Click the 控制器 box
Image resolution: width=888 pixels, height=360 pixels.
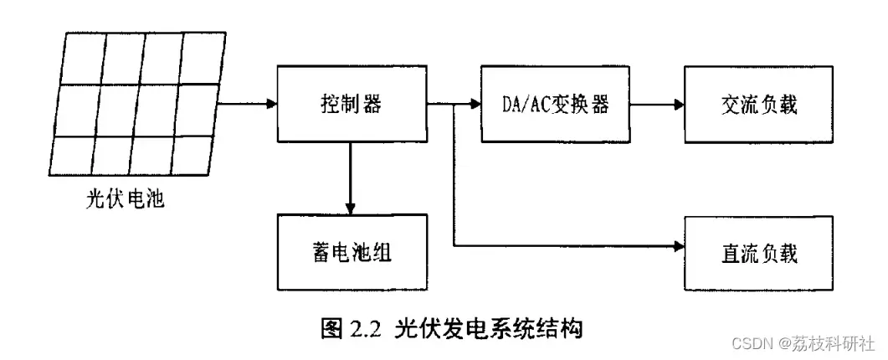[352, 104]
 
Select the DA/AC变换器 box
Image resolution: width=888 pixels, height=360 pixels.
[555, 104]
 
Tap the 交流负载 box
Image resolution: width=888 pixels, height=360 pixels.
[759, 104]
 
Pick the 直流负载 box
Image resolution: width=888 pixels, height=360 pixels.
[759, 254]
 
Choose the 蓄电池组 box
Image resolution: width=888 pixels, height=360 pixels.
[352, 252]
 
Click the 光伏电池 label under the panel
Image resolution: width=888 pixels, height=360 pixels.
[126, 198]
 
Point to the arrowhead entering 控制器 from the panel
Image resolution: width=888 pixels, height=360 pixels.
[272, 104]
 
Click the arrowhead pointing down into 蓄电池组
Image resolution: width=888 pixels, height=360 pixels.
[351, 208]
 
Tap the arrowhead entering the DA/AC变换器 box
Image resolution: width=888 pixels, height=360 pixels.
[475, 104]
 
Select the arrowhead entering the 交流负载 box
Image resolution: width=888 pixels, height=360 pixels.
[679, 105]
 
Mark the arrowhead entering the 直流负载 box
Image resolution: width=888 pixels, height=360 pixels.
[679, 245]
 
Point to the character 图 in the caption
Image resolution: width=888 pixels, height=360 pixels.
[331, 329]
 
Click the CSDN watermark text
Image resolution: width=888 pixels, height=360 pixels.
[752, 343]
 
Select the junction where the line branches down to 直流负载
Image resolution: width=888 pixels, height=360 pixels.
[454, 104]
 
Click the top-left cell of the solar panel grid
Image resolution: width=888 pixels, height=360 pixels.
[84, 59]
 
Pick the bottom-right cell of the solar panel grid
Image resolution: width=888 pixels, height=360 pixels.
[192, 155]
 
